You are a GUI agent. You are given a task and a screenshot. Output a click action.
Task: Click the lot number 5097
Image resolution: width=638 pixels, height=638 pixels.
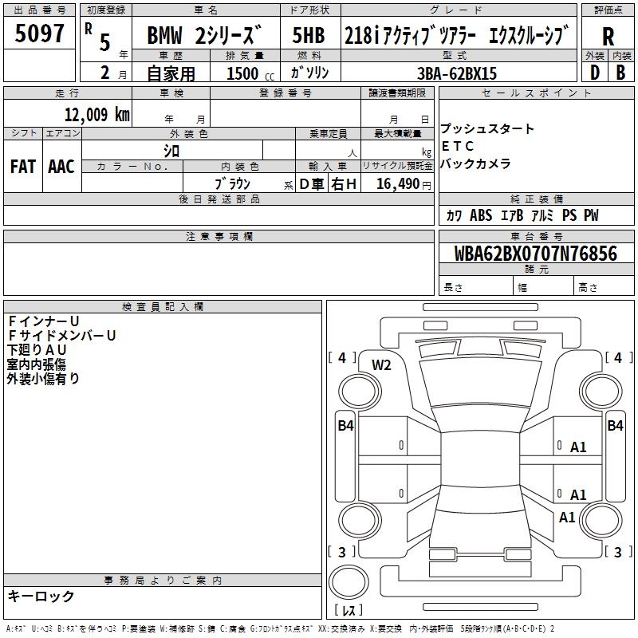tap(39, 33)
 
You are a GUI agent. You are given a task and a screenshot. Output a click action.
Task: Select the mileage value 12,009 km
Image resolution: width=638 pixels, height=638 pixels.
tap(96, 114)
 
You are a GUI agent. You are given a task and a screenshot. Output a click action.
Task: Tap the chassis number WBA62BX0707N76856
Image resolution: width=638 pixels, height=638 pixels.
tap(535, 253)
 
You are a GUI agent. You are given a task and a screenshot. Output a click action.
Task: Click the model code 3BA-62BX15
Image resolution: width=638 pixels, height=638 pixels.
tap(457, 73)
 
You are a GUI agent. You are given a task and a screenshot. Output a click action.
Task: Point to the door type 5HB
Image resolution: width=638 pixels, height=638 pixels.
tap(309, 35)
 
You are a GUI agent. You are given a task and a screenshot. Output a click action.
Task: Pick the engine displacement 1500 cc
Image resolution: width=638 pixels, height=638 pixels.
tap(250, 73)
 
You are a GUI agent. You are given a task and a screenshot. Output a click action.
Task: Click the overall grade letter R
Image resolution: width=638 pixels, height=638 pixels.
tap(608, 37)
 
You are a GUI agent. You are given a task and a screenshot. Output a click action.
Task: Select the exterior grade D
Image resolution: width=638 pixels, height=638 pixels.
tap(595, 73)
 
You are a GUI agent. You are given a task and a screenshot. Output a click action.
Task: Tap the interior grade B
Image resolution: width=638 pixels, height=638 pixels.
tap(620, 73)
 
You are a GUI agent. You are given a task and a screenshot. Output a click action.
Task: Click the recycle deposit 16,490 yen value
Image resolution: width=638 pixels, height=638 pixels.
tap(404, 184)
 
